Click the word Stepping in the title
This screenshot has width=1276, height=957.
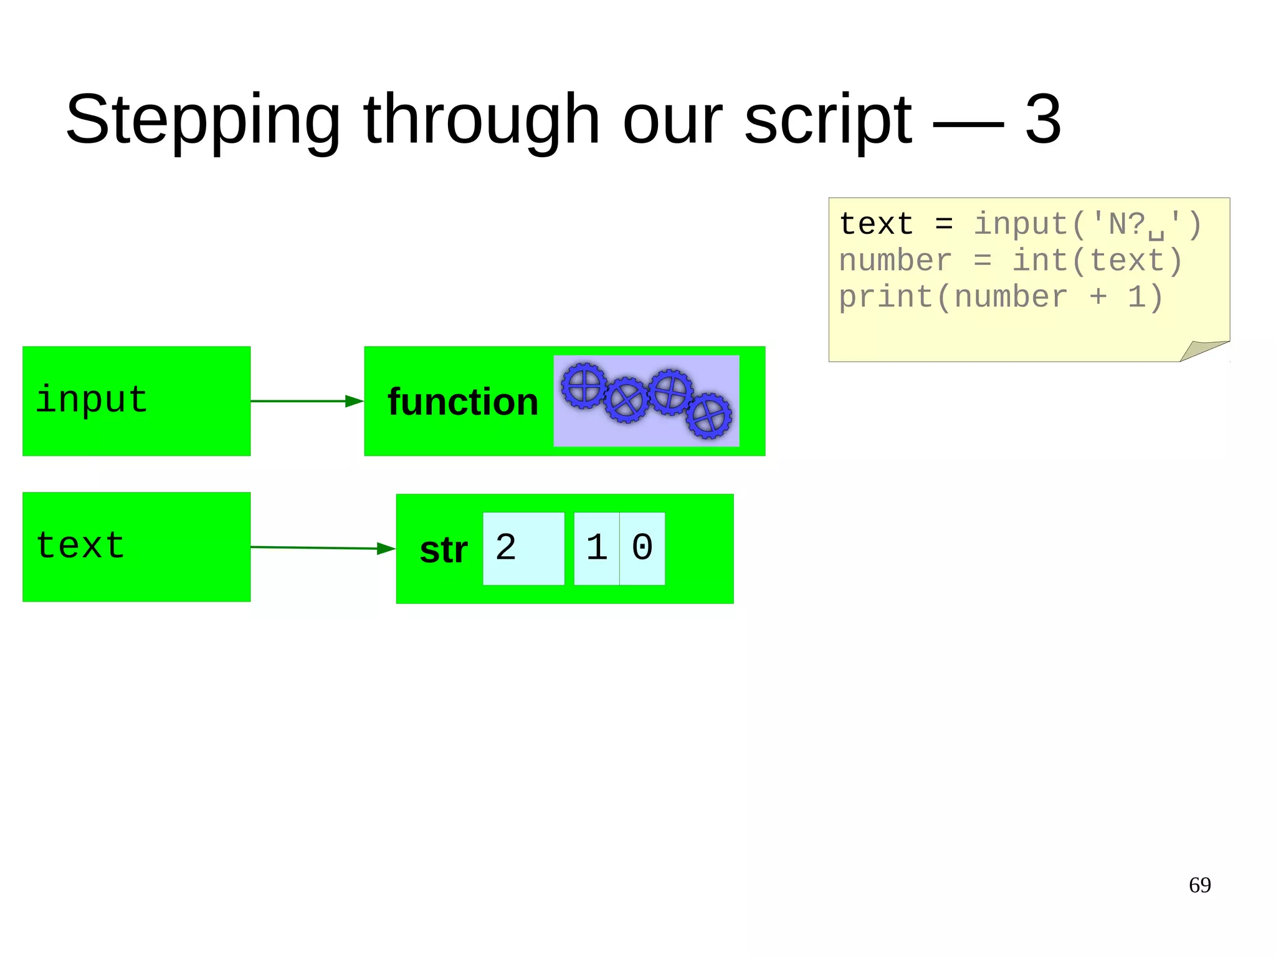coord(202,120)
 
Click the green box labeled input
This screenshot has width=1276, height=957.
coord(136,401)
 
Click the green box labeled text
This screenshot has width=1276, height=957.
coord(136,547)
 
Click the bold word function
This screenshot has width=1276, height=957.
coord(462,402)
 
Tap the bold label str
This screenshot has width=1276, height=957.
coord(443,550)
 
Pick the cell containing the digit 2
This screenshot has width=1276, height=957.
coord(523,549)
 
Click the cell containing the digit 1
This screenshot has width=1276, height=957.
coord(596,549)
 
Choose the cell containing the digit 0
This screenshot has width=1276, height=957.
coord(642,549)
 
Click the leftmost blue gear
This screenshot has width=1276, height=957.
coord(584,386)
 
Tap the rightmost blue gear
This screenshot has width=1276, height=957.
coord(709,416)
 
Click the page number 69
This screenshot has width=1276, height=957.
coord(1199,885)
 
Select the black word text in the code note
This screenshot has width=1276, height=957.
coord(876,224)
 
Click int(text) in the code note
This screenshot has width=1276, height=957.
coord(1097,261)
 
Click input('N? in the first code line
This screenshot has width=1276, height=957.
coord(1059,224)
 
